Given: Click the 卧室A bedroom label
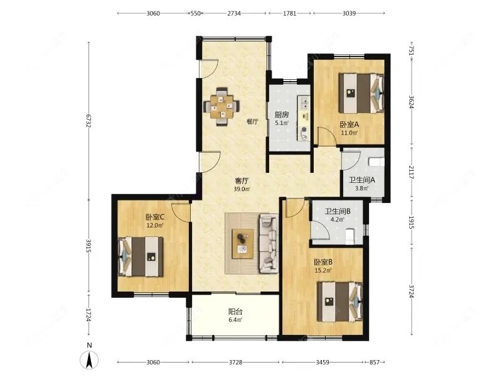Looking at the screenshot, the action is [x=350, y=124].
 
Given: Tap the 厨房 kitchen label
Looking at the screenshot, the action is [x=282, y=114].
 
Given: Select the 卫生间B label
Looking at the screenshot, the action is [x=338, y=211].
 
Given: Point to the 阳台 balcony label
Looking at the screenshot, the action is [x=235, y=311].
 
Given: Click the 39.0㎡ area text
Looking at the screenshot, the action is [x=242, y=189].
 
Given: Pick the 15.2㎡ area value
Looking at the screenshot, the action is [x=323, y=270].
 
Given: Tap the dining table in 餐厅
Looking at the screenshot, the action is [x=222, y=106].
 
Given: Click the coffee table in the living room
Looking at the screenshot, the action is [x=243, y=243].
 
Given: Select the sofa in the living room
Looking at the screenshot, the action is [x=269, y=244].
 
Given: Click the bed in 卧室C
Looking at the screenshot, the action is [x=141, y=256].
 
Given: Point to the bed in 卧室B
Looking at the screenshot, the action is [x=340, y=302].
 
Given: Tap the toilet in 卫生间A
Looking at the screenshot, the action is [x=376, y=161].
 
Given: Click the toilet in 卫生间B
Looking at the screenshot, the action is [x=350, y=237].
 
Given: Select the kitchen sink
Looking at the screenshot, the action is [x=304, y=102].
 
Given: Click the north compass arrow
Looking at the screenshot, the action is [x=90, y=359].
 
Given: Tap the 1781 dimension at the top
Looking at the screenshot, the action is [x=289, y=13].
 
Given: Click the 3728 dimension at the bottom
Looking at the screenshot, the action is [x=235, y=363].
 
